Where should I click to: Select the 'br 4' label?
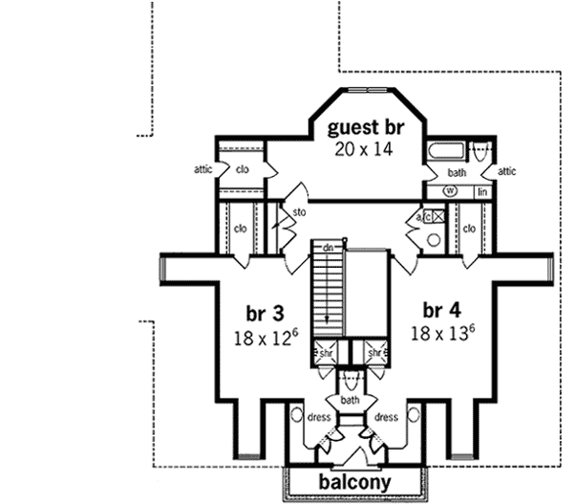click(442, 310)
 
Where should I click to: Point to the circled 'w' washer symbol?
click(448, 191)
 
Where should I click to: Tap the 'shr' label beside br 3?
click(326, 353)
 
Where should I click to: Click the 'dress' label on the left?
click(318, 417)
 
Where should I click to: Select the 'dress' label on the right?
click(387, 417)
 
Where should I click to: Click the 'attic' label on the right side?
click(507, 171)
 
